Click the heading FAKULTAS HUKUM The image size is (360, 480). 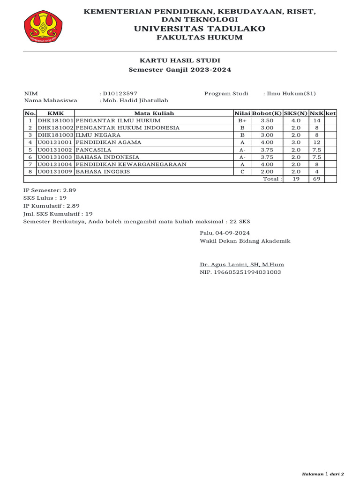coord(199,37)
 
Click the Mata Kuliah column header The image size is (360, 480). coord(154,113)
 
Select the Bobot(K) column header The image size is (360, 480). coord(266,113)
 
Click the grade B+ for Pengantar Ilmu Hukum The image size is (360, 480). coord(242,120)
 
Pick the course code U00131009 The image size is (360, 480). coord(55,172)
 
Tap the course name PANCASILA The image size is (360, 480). coord(93,150)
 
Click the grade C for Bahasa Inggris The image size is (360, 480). coord(242,172)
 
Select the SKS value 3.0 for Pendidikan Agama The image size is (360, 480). coord(296,142)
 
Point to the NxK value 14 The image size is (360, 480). coord(316,120)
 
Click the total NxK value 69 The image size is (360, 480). coord(316,179)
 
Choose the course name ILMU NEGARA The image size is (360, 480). coord(95,135)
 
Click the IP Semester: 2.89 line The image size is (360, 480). coord(50,190)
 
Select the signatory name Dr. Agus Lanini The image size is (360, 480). coord(242,264)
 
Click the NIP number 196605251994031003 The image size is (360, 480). coord(240,272)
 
